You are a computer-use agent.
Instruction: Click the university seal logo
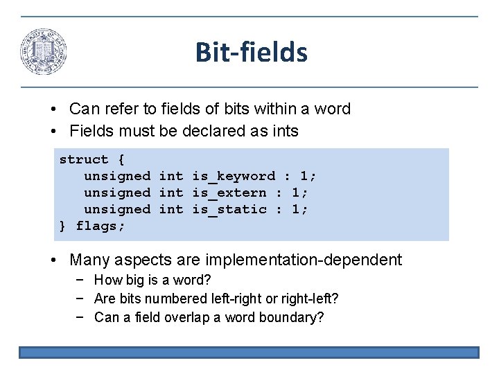point(44,52)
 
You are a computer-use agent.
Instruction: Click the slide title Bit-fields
point(251,52)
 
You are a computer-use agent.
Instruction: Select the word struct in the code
point(84,159)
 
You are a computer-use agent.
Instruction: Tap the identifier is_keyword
point(234,176)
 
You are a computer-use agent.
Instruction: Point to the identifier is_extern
point(229,193)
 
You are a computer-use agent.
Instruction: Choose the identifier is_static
point(229,209)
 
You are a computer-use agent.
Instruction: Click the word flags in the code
point(100,226)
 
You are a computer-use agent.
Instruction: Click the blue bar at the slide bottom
point(249,353)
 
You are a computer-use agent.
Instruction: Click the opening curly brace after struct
point(122,159)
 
